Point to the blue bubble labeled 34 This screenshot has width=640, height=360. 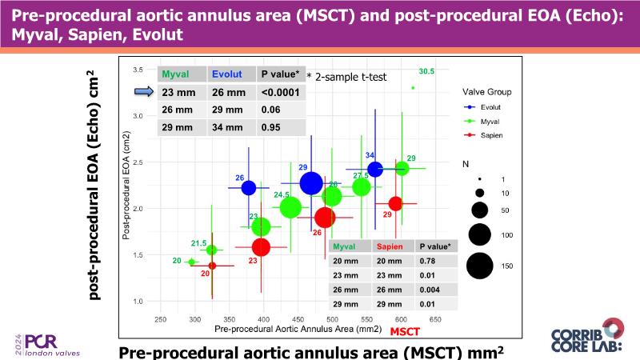click(374, 169)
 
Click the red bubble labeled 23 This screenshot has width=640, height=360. click(262, 246)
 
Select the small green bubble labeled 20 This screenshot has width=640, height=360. click(191, 262)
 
